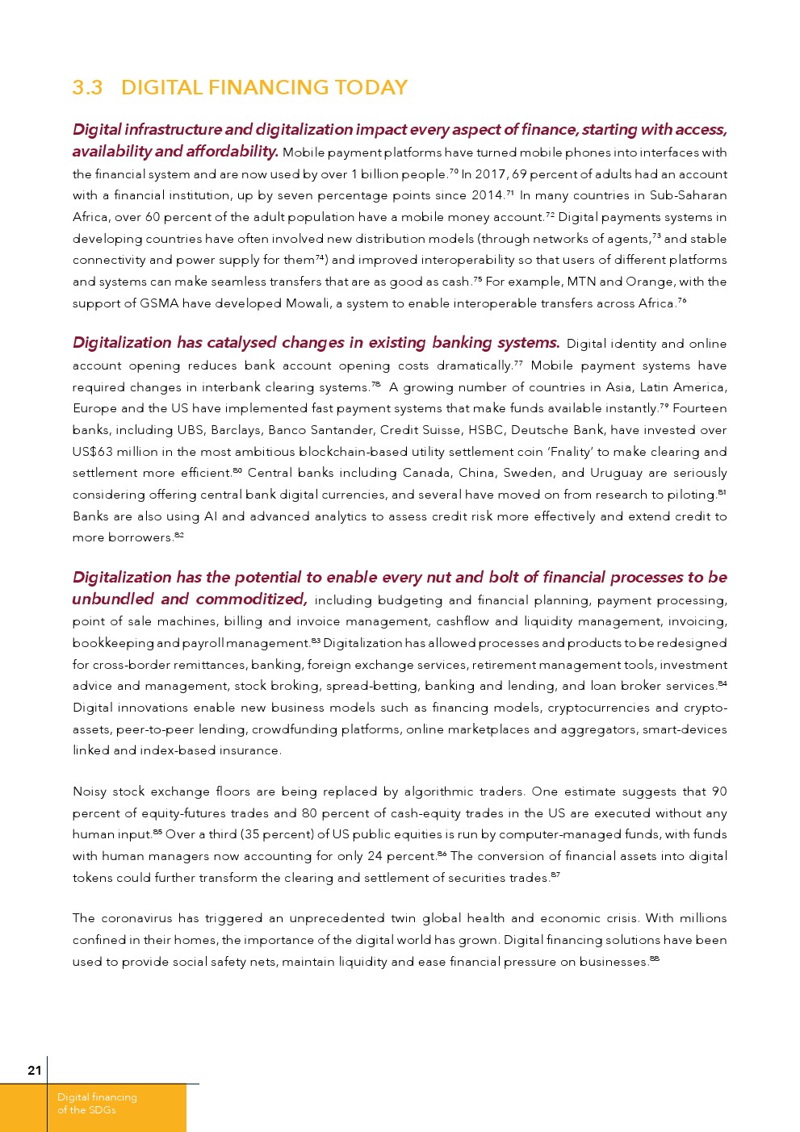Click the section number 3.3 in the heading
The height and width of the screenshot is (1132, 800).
click(87, 87)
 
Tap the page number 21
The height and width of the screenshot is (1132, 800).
click(34, 1071)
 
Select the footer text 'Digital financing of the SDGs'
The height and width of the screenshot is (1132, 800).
click(97, 1104)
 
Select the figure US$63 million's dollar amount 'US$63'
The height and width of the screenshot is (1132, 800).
click(93, 452)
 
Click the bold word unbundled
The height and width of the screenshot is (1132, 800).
click(113, 599)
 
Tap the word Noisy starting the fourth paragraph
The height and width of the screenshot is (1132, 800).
click(89, 792)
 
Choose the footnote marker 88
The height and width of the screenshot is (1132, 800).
click(655, 959)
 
